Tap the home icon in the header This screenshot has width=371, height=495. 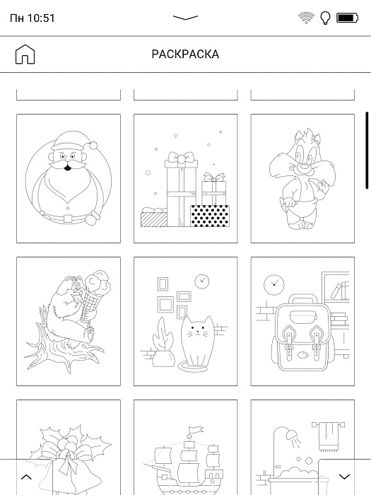click(x=25, y=54)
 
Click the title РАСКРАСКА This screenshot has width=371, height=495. click(x=185, y=54)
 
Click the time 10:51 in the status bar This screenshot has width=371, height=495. click(x=41, y=18)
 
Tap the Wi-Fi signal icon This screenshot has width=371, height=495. click(x=306, y=18)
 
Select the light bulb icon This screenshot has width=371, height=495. click(x=325, y=18)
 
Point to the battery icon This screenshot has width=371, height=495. click(x=348, y=18)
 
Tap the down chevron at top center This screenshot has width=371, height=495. click(x=185, y=18)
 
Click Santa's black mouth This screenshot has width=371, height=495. click(x=68, y=168)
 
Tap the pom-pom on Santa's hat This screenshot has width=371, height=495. click(x=93, y=146)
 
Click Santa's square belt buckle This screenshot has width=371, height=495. click(x=68, y=218)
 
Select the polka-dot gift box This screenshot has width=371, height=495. click(x=210, y=216)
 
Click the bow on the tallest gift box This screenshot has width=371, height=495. click(x=181, y=157)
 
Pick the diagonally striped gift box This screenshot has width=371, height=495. click(x=153, y=219)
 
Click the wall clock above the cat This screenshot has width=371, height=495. click(x=202, y=281)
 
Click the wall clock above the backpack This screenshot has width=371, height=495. click(x=274, y=285)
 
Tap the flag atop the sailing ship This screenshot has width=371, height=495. click(x=196, y=429)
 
